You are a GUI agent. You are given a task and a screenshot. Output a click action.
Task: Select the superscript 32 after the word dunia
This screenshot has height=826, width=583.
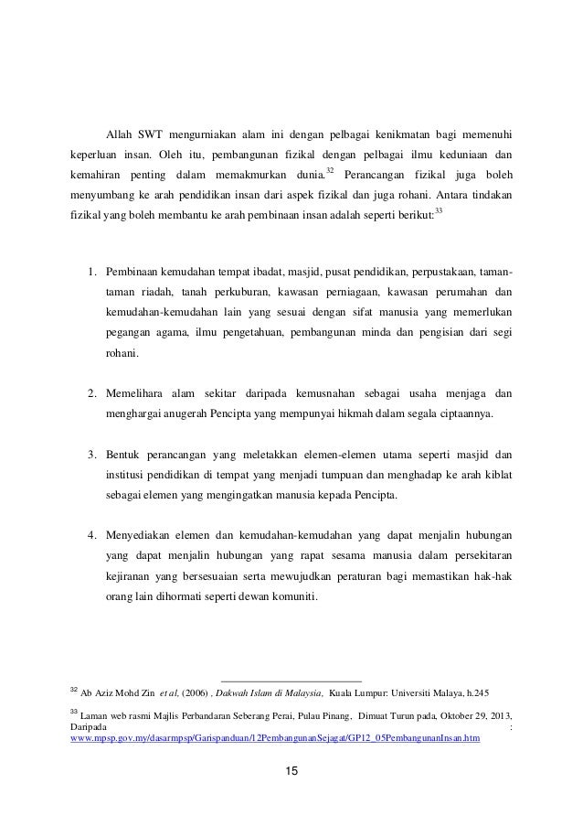330,170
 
